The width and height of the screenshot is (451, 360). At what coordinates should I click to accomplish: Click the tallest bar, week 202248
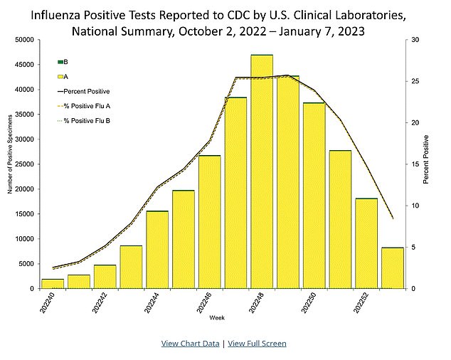tap(262, 171)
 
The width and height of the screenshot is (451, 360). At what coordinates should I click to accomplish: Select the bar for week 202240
tap(53, 283)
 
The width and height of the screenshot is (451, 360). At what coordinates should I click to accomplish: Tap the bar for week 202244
tap(157, 250)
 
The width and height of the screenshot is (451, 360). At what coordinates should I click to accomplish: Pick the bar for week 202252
tap(366, 243)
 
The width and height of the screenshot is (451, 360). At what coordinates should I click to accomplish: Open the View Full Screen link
tap(257, 343)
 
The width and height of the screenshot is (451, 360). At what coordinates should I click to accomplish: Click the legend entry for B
tap(66, 62)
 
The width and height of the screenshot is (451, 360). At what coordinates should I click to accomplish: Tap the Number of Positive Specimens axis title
tap(8, 164)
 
